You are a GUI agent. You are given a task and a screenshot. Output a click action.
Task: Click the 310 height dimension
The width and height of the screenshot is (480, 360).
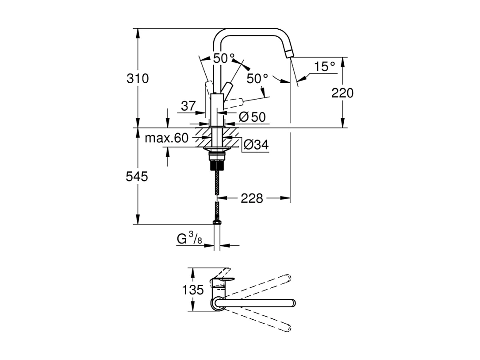[x=138, y=79]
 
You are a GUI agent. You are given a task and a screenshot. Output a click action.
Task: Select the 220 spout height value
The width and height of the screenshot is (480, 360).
[x=342, y=93]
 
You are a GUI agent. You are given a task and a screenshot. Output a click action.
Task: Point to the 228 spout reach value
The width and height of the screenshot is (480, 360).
[x=252, y=198]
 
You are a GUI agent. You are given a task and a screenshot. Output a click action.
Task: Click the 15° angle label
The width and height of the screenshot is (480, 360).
[x=325, y=67]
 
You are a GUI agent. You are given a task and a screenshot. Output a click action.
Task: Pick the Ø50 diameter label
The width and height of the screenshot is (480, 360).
[x=252, y=117]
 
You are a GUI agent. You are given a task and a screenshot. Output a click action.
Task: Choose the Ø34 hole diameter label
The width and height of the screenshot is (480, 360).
[x=256, y=145]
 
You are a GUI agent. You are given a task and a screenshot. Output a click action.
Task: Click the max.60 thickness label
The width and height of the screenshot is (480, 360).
[x=166, y=138]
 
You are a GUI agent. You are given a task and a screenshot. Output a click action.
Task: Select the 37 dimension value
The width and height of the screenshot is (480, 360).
[x=188, y=106]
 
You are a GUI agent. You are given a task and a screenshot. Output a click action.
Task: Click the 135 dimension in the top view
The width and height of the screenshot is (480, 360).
[x=193, y=290]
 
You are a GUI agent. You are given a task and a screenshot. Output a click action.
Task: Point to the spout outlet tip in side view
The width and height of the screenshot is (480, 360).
[x=289, y=54]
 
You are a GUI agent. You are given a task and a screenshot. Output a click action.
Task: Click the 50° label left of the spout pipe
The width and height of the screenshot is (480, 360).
[x=223, y=58]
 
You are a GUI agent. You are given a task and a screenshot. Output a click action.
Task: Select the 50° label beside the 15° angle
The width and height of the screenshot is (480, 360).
[x=257, y=79]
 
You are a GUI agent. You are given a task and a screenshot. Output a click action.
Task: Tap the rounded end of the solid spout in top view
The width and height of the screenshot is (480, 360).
[x=292, y=303]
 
